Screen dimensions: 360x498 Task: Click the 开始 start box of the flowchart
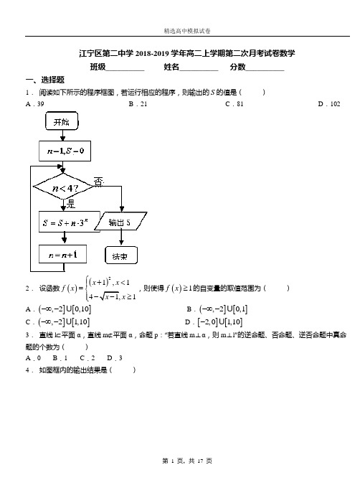pyautogui.click(x=62, y=121)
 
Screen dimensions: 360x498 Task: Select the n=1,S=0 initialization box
pyautogui.click(x=65, y=151)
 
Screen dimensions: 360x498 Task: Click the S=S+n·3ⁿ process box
pyautogui.click(x=70, y=222)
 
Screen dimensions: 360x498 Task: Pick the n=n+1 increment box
pyautogui.click(x=62, y=254)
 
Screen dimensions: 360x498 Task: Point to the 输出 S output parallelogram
pyautogui.click(x=120, y=221)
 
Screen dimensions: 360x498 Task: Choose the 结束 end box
pyautogui.click(x=121, y=255)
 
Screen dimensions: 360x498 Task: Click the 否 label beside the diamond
pyautogui.click(x=99, y=182)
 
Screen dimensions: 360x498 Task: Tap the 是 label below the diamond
pyautogui.click(x=71, y=204)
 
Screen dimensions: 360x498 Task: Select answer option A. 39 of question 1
pyautogui.click(x=35, y=104)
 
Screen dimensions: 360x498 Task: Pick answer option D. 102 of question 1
pyautogui.click(x=329, y=104)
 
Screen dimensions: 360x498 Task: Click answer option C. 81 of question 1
pyautogui.click(x=235, y=104)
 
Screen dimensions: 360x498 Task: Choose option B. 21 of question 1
pyautogui.click(x=138, y=104)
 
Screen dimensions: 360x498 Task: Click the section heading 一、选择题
pyautogui.click(x=45, y=80)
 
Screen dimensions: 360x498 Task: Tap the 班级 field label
pyautogui.click(x=98, y=67)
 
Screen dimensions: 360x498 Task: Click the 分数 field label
pyautogui.click(x=238, y=67)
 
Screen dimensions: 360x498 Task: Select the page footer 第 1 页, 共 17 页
pyautogui.click(x=187, y=461)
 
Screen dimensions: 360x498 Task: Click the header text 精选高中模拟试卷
pyautogui.click(x=187, y=31)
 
